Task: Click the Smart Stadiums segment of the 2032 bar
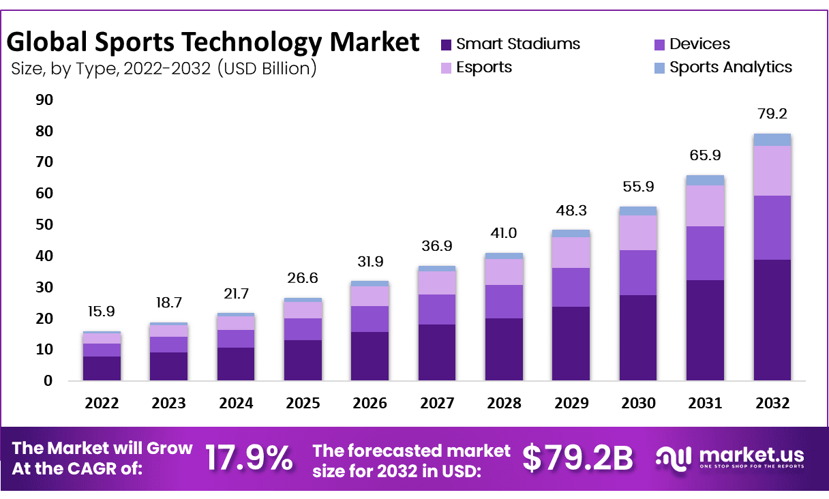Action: tap(772, 320)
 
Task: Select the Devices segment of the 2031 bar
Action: tap(705, 253)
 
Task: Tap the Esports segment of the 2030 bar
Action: tap(638, 232)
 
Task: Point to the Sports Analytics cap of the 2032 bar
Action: tap(772, 140)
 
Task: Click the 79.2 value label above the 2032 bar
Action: tap(772, 113)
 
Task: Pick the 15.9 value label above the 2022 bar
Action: tap(102, 311)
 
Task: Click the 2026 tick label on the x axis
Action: tap(370, 404)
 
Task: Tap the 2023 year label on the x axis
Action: tap(168, 404)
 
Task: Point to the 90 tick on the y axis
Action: tap(44, 100)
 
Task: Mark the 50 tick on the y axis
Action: tap(44, 225)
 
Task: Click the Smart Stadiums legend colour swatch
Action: tap(447, 45)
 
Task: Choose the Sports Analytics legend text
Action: tap(731, 67)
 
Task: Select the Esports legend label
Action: tap(484, 67)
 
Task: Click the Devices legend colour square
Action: tap(659, 45)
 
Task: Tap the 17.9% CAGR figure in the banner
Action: tap(249, 457)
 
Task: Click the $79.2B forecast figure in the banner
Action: tap(577, 457)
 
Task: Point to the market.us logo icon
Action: tap(674, 457)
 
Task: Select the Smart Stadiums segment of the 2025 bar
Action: tap(303, 360)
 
